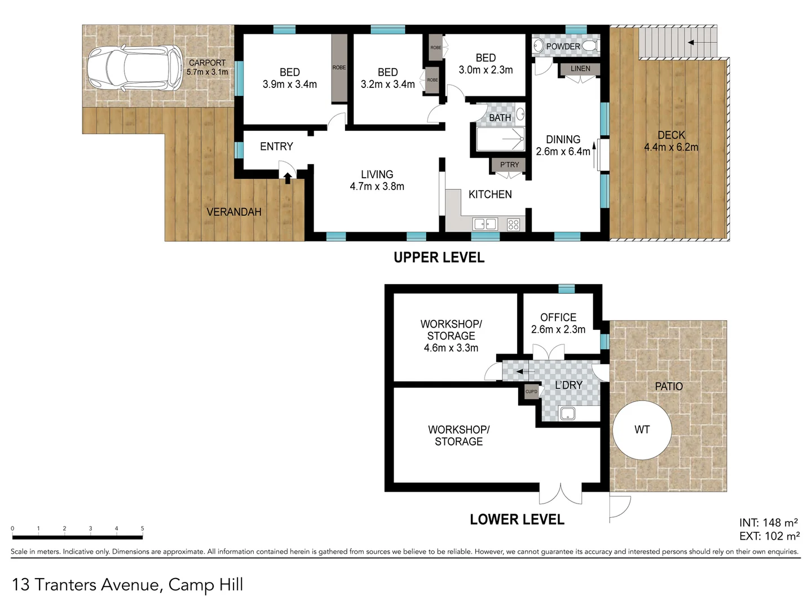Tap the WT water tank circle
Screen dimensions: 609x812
642,430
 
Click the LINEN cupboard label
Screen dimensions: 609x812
580,69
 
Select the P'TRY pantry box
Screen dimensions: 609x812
509,165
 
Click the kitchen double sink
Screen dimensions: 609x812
485,224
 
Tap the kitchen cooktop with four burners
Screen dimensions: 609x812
513,224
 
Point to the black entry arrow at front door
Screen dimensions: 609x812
288,178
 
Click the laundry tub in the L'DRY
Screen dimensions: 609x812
567,413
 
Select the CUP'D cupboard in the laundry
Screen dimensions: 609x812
531,391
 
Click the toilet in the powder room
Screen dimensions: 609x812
589,46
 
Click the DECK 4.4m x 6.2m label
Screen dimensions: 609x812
671,141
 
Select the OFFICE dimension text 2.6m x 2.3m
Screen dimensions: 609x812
558,329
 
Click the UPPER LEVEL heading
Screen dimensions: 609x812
439,258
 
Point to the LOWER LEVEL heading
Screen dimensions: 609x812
517,519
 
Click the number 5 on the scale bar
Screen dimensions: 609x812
142,528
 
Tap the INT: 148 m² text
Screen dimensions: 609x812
768,523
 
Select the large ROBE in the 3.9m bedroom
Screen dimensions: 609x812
339,68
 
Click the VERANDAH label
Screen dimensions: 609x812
233,212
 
